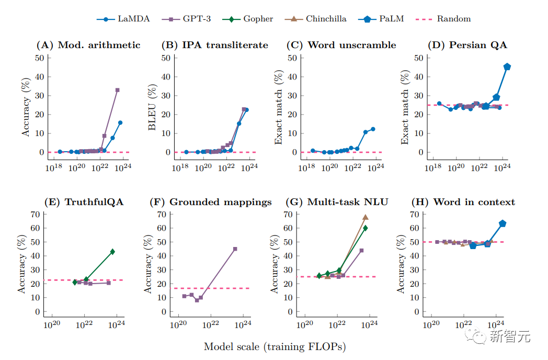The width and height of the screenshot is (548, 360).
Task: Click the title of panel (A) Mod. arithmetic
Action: (x=88, y=45)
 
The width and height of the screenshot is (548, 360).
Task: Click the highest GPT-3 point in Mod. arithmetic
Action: (x=117, y=90)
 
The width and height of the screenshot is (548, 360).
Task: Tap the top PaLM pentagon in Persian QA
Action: (x=507, y=66)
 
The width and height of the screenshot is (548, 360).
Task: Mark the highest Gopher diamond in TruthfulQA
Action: (x=112, y=252)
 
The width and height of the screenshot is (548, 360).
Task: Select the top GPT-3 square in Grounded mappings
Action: (x=235, y=249)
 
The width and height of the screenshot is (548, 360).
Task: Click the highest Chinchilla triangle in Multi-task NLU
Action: (x=366, y=217)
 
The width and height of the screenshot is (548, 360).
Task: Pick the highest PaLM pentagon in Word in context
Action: (x=503, y=223)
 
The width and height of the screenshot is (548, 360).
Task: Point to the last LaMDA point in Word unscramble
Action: (x=373, y=129)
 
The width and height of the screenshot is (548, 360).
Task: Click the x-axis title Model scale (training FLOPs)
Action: (x=275, y=347)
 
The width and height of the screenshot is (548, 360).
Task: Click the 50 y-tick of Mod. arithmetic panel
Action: (x=39, y=58)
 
